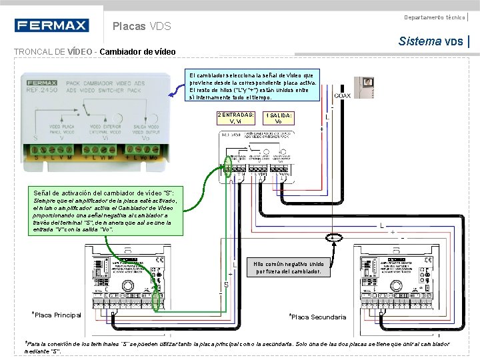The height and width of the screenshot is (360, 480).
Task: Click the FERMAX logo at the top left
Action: (51, 26)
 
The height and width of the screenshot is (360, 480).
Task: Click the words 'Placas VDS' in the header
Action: (142, 27)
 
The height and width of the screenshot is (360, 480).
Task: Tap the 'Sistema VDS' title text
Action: (430, 41)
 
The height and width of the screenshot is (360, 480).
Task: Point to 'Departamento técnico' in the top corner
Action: (434, 16)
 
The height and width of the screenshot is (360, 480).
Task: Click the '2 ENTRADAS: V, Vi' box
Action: (236, 118)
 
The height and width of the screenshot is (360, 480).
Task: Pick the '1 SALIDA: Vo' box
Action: (278, 118)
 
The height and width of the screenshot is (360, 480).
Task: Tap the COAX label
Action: (342, 95)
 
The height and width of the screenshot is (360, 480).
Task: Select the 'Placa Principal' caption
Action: (57, 315)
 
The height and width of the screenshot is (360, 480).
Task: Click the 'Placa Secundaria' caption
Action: (317, 317)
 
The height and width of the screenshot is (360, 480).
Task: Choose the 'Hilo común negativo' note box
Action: (289, 267)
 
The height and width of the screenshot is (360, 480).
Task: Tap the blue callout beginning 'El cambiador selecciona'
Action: (253, 85)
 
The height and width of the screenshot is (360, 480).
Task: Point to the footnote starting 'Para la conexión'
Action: (237, 347)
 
